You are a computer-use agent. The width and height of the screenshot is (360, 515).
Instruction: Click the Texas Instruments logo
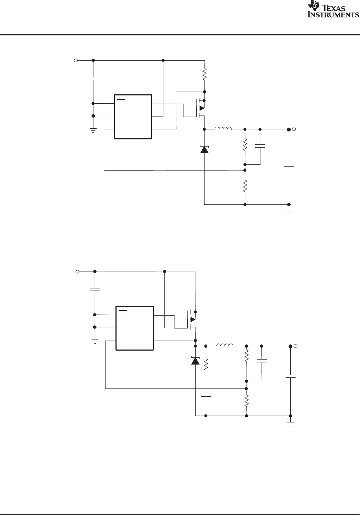(333, 10)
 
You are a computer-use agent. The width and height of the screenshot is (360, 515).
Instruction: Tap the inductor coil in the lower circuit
(225, 345)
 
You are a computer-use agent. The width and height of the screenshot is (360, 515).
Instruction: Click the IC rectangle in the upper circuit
(133, 117)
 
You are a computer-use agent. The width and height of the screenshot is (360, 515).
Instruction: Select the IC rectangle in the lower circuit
(134, 328)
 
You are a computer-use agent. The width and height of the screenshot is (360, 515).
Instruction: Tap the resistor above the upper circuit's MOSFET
(204, 74)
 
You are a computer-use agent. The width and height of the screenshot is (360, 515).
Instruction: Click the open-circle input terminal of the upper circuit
(76, 60)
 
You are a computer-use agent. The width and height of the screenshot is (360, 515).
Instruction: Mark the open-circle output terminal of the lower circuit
(295, 346)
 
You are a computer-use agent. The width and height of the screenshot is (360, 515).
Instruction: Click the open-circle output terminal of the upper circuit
(294, 129)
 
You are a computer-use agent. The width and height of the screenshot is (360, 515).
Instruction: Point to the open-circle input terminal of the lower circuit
(77, 272)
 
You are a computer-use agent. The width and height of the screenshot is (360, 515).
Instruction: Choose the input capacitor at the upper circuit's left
(93, 78)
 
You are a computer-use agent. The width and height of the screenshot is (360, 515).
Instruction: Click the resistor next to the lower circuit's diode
(206, 365)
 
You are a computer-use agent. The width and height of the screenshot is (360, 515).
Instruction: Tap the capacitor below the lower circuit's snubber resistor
(206, 397)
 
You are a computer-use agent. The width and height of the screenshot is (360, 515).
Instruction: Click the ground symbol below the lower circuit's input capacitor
(95, 342)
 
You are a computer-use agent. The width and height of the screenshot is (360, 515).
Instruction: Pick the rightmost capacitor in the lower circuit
(290, 376)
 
